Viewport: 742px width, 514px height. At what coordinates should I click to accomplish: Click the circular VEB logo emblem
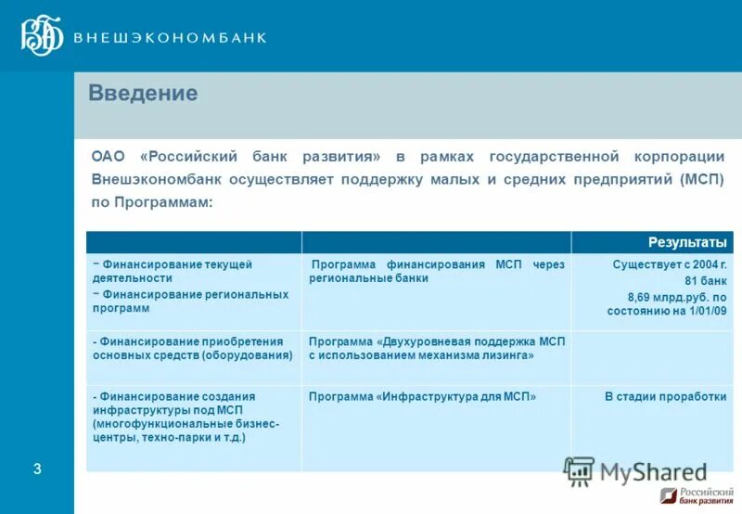pos(43,36)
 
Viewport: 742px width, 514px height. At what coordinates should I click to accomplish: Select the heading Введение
pos(143,94)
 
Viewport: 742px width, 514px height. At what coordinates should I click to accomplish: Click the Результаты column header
pos(687,242)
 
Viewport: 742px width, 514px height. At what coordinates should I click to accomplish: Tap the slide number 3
pos(37,469)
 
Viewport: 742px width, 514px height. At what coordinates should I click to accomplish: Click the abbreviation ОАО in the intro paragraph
pos(110,156)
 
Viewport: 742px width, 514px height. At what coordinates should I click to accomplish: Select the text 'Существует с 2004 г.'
pos(669,264)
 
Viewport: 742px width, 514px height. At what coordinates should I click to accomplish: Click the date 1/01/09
pos(706,312)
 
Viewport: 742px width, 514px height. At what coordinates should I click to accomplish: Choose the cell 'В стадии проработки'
pos(665,396)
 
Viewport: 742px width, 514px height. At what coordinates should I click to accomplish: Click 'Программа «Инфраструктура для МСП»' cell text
pos(422,396)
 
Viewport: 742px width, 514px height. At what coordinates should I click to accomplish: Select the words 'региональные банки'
pos(368,278)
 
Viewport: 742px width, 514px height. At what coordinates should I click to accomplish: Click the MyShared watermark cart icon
pos(579,470)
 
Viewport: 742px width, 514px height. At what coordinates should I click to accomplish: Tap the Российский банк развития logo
pos(695,496)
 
